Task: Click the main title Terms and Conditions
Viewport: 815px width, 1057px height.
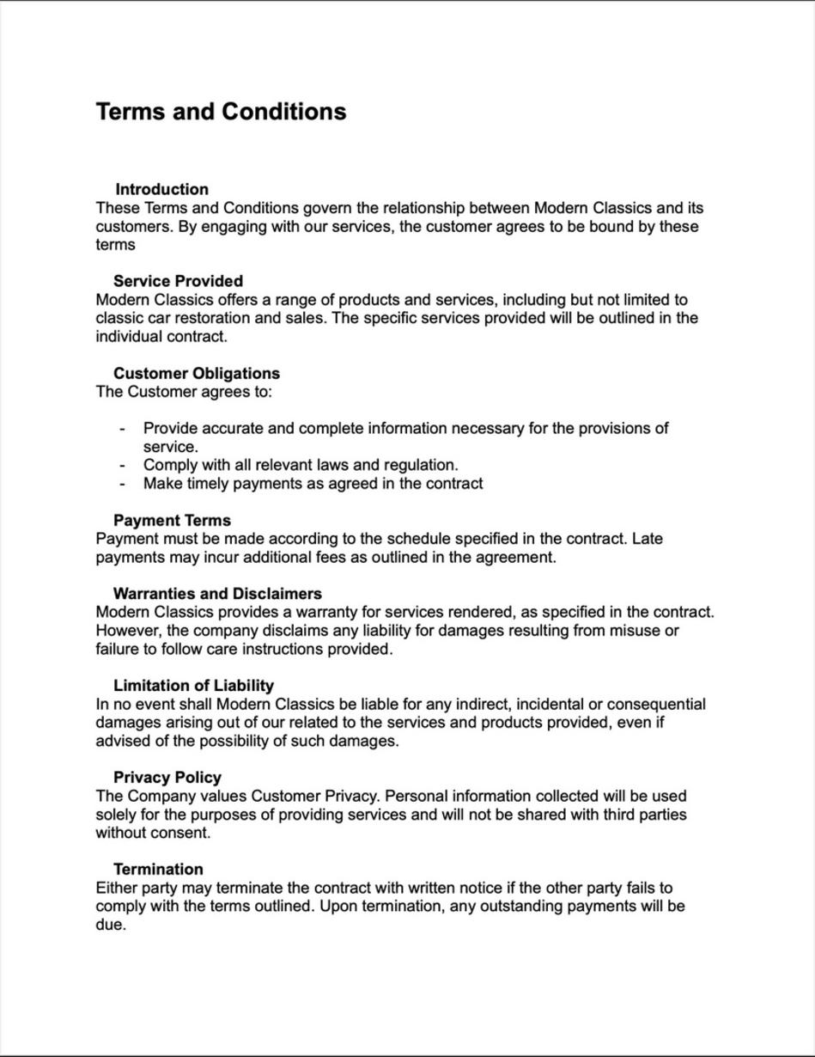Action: (221, 112)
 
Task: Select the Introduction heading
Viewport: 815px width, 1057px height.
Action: (161, 189)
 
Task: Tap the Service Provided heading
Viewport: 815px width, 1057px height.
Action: (178, 281)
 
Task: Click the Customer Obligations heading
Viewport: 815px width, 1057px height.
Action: (196, 373)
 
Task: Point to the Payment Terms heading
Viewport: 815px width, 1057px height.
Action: (172, 520)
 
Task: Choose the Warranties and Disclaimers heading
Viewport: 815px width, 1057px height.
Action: (217, 594)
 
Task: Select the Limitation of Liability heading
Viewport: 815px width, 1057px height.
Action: (193, 686)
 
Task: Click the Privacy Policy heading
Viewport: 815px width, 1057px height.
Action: (167, 778)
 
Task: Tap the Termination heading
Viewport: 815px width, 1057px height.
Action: (158, 869)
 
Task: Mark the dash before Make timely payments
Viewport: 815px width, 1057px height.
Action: (123, 484)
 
